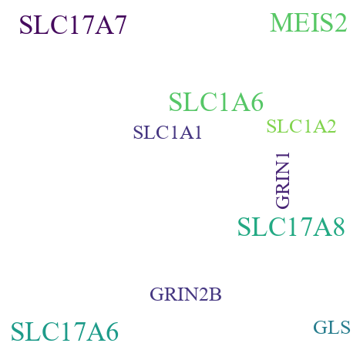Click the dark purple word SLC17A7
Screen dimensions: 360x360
tap(73, 25)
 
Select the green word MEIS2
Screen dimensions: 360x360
tap(308, 22)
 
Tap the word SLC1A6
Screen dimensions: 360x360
tap(216, 102)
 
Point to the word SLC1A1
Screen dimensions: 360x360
tap(167, 133)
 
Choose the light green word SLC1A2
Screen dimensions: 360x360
tap(301, 126)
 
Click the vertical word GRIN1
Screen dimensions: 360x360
tap(282, 180)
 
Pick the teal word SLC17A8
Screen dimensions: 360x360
tap(291, 227)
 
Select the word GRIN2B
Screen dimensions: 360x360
tap(186, 294)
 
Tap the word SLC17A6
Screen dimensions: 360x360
tap(65, 331)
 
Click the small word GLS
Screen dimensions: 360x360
tap(331, 328)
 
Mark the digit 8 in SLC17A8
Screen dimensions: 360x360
tap(338, 227)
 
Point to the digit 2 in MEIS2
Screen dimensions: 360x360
tap(341, 22)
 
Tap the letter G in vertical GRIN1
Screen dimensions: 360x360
tap(282, 202)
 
